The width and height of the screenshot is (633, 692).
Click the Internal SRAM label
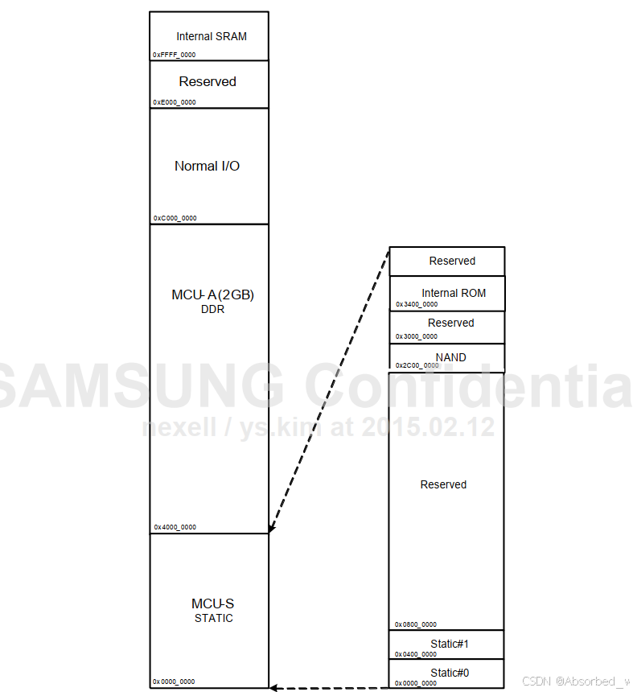point(212,36)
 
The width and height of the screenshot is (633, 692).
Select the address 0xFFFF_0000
point(174,55)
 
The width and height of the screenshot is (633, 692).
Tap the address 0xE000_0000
point(174,102)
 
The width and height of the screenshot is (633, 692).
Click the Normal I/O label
point(207,166)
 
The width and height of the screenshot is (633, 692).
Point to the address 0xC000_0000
point(175,218)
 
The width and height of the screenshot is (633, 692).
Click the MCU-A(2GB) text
point(212,295)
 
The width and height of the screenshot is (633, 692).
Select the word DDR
point(212,310)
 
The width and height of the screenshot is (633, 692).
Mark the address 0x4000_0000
point(175,527)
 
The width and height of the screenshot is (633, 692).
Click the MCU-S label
point(213,603)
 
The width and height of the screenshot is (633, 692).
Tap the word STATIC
point(213,618)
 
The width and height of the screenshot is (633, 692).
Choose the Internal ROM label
point(454,293)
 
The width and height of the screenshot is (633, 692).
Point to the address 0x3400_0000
point(417,304)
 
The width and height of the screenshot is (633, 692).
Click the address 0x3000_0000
point(417,336)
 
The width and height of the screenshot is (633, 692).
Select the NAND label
point(450,357)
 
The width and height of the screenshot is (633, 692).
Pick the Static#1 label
point(450,644)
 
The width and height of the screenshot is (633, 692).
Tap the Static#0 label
point(450,673)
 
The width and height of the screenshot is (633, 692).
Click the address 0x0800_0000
point(416,624)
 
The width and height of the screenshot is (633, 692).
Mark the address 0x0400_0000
point(416,654)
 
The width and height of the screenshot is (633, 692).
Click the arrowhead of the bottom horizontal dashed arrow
point(274,688)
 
